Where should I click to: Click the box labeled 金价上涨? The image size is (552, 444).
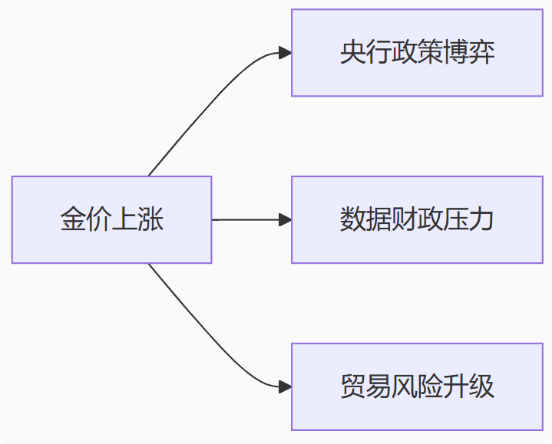(x=111, y=220)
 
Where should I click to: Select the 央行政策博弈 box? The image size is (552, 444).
(x=417, y=53)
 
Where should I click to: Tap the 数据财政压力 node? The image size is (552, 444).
(x=417, y=220)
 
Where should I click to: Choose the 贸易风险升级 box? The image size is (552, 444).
(x=417, y=386)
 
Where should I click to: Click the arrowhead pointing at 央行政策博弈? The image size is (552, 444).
(x=285, y=53)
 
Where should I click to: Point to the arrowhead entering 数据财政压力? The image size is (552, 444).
(x=285, y=220)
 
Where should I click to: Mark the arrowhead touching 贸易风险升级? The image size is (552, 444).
(x=285, y=386)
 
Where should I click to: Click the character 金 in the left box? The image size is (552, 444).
(x=73, y=220)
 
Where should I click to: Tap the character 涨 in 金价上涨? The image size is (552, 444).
(x=151, y=220)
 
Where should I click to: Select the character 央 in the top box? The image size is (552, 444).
(x=352, y=53)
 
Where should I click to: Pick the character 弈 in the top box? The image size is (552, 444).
(x=482, y=53)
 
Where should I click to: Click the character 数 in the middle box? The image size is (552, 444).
(x=352, y=220)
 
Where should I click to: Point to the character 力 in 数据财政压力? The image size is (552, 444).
(x=482, y=220)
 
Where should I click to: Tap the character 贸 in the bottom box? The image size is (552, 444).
(x=352, y=386)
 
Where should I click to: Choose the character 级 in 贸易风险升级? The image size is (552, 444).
(x=482, y=386)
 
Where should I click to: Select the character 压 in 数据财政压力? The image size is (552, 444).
(x=456, y=220)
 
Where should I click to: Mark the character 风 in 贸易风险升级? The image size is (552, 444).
(x=404, y=386)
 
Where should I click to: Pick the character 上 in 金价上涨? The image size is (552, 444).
(x=125, y=220)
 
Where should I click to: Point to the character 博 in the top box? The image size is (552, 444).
(x=456, y=53)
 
